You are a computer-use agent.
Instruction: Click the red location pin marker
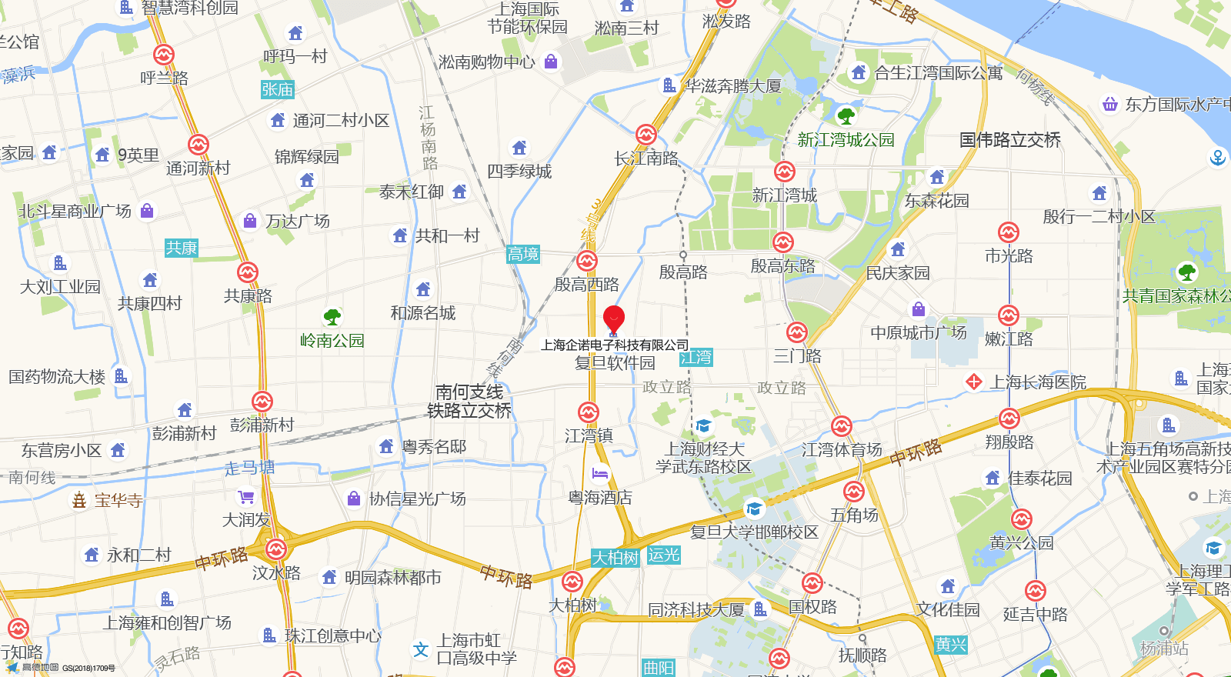click(614, 318)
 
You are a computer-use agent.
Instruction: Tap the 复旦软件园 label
click(615, 362)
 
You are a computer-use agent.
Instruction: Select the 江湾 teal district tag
click(696, 358)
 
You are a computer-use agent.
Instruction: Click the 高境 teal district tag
click(523, 254)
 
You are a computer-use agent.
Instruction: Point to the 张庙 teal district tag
click(277, 90)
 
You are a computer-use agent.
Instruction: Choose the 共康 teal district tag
click(182, 248)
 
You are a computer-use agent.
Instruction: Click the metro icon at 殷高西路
click(587, 262)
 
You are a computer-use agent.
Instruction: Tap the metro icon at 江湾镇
click(589, 412)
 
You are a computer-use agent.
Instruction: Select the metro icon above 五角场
click(853, 492)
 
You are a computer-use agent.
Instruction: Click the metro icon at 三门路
click(797, 333)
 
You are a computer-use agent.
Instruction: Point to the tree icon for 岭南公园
click(332, 317)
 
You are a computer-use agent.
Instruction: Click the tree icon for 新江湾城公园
click(846, 116)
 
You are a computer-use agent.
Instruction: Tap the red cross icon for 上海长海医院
click(974, 382)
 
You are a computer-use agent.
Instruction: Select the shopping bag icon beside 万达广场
click(250, 221)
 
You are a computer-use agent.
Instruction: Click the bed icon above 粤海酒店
click(600, 474)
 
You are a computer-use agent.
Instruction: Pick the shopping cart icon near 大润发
click(246, 497)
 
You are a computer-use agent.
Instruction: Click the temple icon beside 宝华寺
click(79, 501)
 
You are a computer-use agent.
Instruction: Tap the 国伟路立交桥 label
click(1009, 140)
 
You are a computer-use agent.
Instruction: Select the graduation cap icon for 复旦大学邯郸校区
click(754, 509)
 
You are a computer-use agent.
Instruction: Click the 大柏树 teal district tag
click(615, 558)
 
